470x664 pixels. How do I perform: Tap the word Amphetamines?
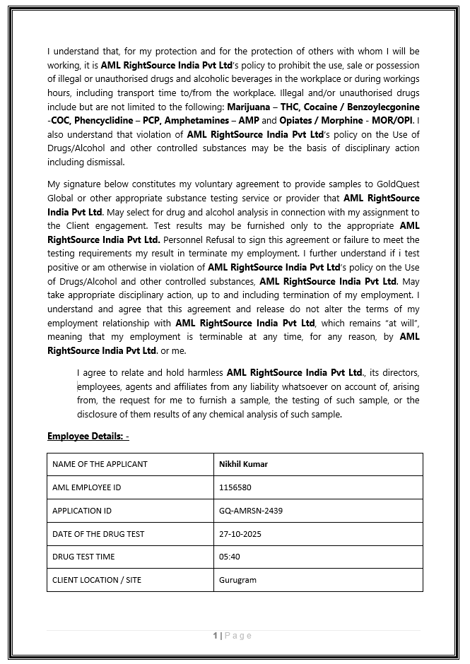(x=203, y=121)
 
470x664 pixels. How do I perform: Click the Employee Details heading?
(x=88, y=436)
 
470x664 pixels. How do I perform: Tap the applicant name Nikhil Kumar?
(x=243, y=464)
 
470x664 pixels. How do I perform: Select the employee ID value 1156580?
(x=235, y=487)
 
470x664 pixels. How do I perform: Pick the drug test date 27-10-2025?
(x=240, y=534)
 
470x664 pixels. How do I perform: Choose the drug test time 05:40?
(x=230, y=557)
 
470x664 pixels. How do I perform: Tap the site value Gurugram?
(x=237, y=580)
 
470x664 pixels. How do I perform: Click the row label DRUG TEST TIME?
(x=83, y=557)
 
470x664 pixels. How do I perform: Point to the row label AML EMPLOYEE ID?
(x=86, y=487)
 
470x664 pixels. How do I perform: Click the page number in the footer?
(x=215, y=636)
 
